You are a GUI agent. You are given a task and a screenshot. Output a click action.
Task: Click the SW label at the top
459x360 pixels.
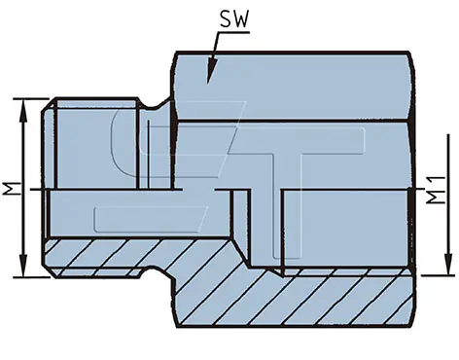tap(233, 19)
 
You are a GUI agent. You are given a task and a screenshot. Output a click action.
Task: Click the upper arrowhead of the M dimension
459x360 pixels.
tap(22, 110)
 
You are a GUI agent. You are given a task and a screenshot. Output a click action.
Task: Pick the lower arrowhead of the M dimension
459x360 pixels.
tap(22, 266)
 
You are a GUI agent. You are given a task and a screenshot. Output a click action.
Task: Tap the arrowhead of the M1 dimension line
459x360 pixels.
tap(448, 264)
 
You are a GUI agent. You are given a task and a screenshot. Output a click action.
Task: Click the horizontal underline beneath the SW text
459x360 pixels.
tap(234, 32)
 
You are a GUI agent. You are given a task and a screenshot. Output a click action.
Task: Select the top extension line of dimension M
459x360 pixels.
tap(31, 98)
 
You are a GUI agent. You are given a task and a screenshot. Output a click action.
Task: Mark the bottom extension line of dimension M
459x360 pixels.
tap(31, 277)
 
